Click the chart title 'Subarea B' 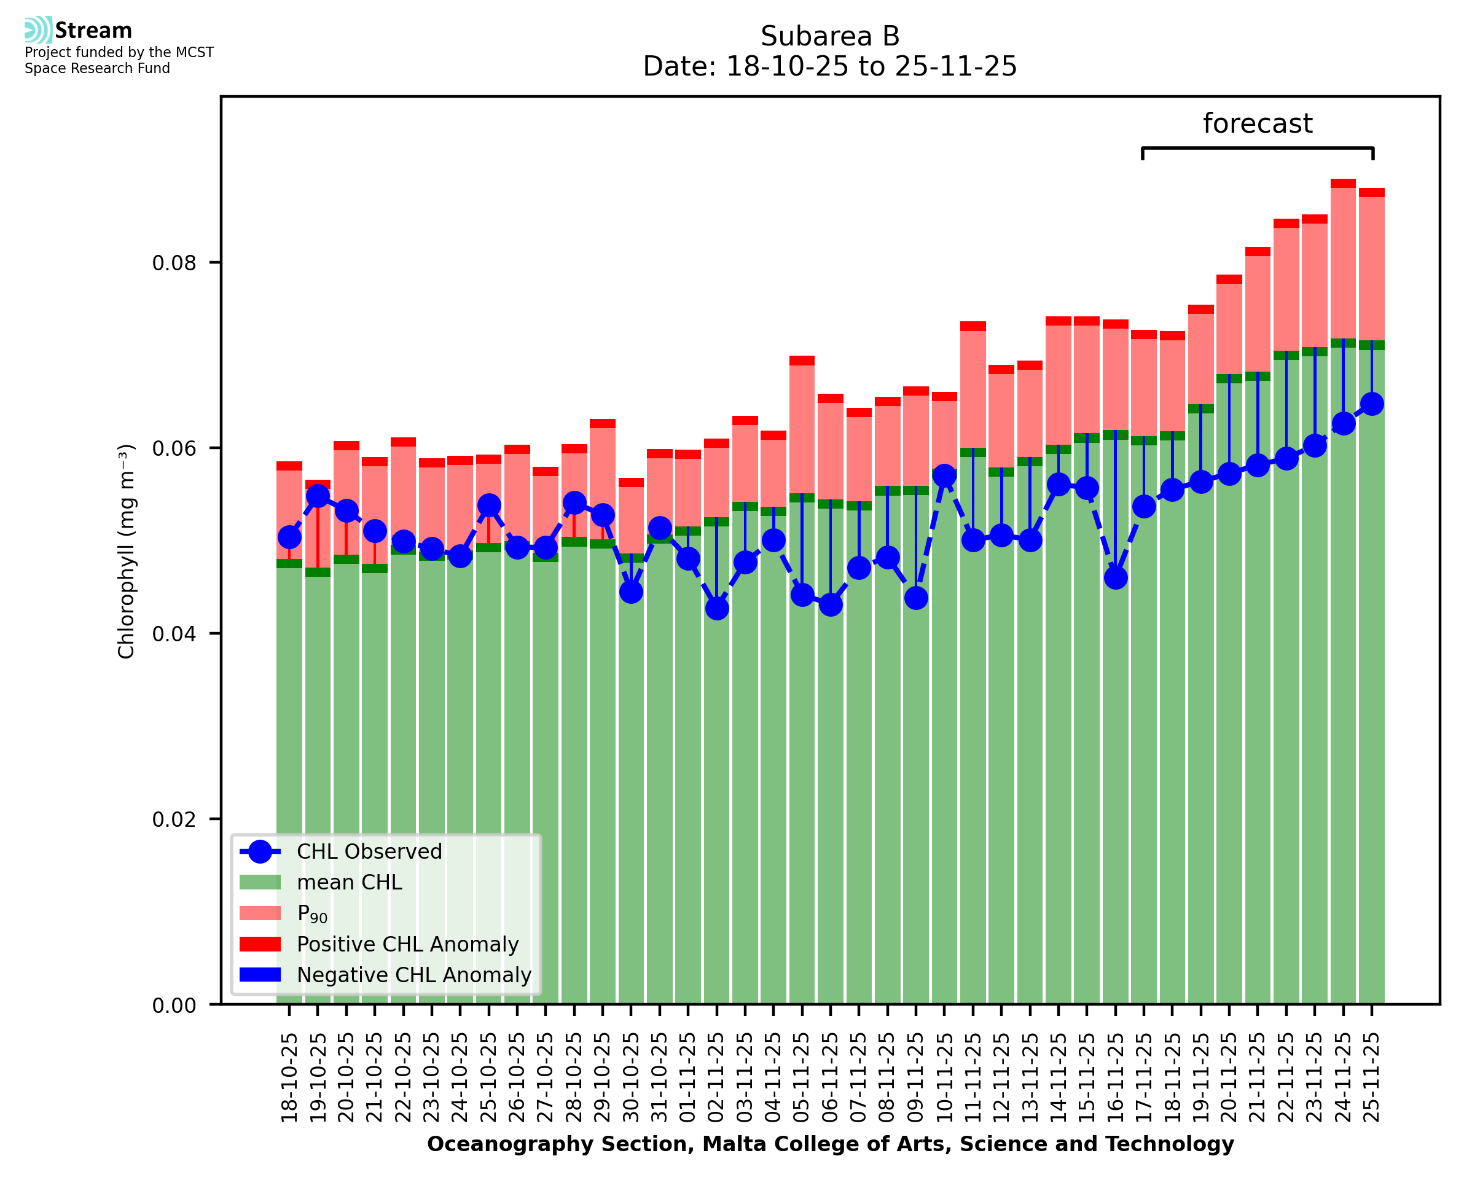(x=829, y=36)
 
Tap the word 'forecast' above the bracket (x=1257, y=123)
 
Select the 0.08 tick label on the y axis (x=174, y=263)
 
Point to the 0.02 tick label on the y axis (x=174, y=819)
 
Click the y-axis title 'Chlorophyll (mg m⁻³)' (x=127, y=551)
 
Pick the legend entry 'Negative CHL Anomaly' (x=413, y=975)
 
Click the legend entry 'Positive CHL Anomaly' (x=407, y=944)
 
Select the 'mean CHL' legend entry (x=350, y=882)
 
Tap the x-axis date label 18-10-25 (x=289, y=1077)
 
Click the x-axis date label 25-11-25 (x=1372, y=1077)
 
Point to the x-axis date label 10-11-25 (x=944, y=1077)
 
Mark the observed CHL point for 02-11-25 (x=716, y=608)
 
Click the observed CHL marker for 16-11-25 (x=1115, y=578)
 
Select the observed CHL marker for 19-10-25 (x=318, y=496)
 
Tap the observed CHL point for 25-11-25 (x=1372, y=404)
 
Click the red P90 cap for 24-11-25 (x=1343, y=184)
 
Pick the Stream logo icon (x=38, y=30)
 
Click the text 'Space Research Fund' (x=97, y=69)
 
